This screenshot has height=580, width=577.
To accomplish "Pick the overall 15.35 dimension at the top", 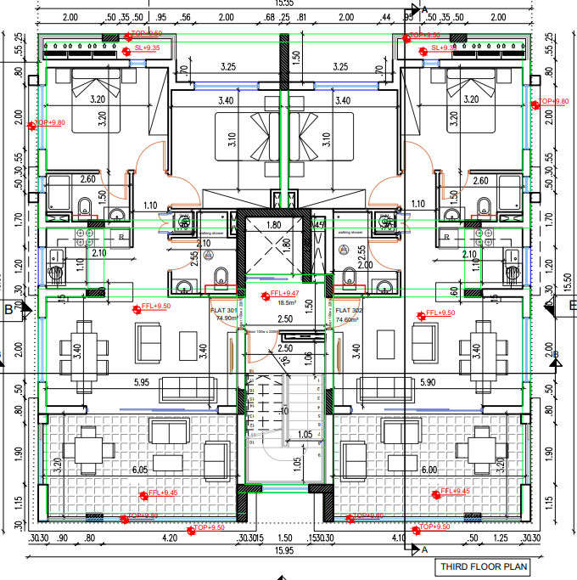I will click(284, 4).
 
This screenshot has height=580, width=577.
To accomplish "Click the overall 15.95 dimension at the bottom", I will click(284, 550).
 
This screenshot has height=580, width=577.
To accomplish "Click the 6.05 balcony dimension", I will click(138, 470).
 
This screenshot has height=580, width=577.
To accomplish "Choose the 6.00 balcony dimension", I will click(429, 470).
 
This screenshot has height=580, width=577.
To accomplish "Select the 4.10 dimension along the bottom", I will click(400, 537).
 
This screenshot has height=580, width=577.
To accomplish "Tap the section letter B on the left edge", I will click(8, 309).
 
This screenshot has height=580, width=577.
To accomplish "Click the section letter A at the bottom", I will click(424, 549).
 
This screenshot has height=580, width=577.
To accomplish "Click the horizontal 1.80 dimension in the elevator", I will click(273, 226).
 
